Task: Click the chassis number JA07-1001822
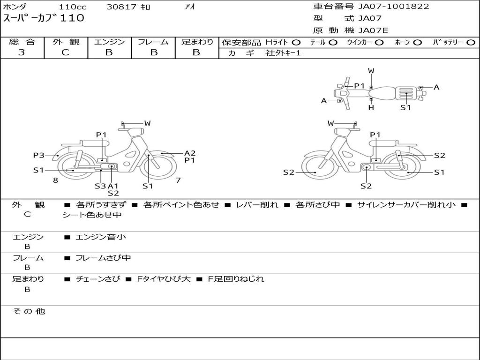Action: click(393, 7)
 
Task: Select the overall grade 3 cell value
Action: click(22, 52)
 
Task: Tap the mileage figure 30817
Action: click(121, 7)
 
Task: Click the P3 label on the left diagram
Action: click(38, 155)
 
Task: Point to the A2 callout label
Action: click(190, 153)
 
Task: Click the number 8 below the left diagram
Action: click(55, 180)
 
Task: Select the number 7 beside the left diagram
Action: click(178, 180)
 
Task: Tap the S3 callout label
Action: click(100, 186)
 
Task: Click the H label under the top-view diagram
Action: click(371, 108)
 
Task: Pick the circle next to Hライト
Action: click(296, 43)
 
